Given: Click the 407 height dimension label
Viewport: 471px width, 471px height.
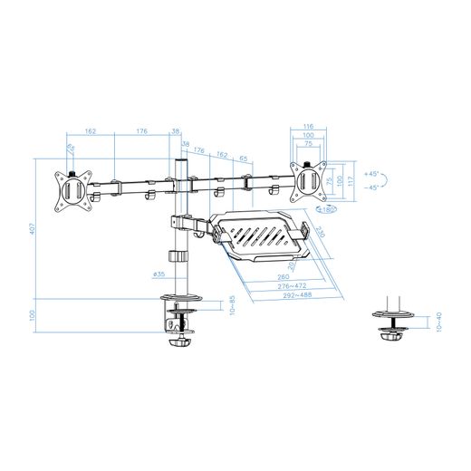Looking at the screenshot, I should [32, 229].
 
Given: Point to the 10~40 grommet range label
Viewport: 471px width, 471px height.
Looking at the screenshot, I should [439, 322].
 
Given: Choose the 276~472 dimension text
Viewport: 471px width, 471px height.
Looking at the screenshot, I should [278, 286].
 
